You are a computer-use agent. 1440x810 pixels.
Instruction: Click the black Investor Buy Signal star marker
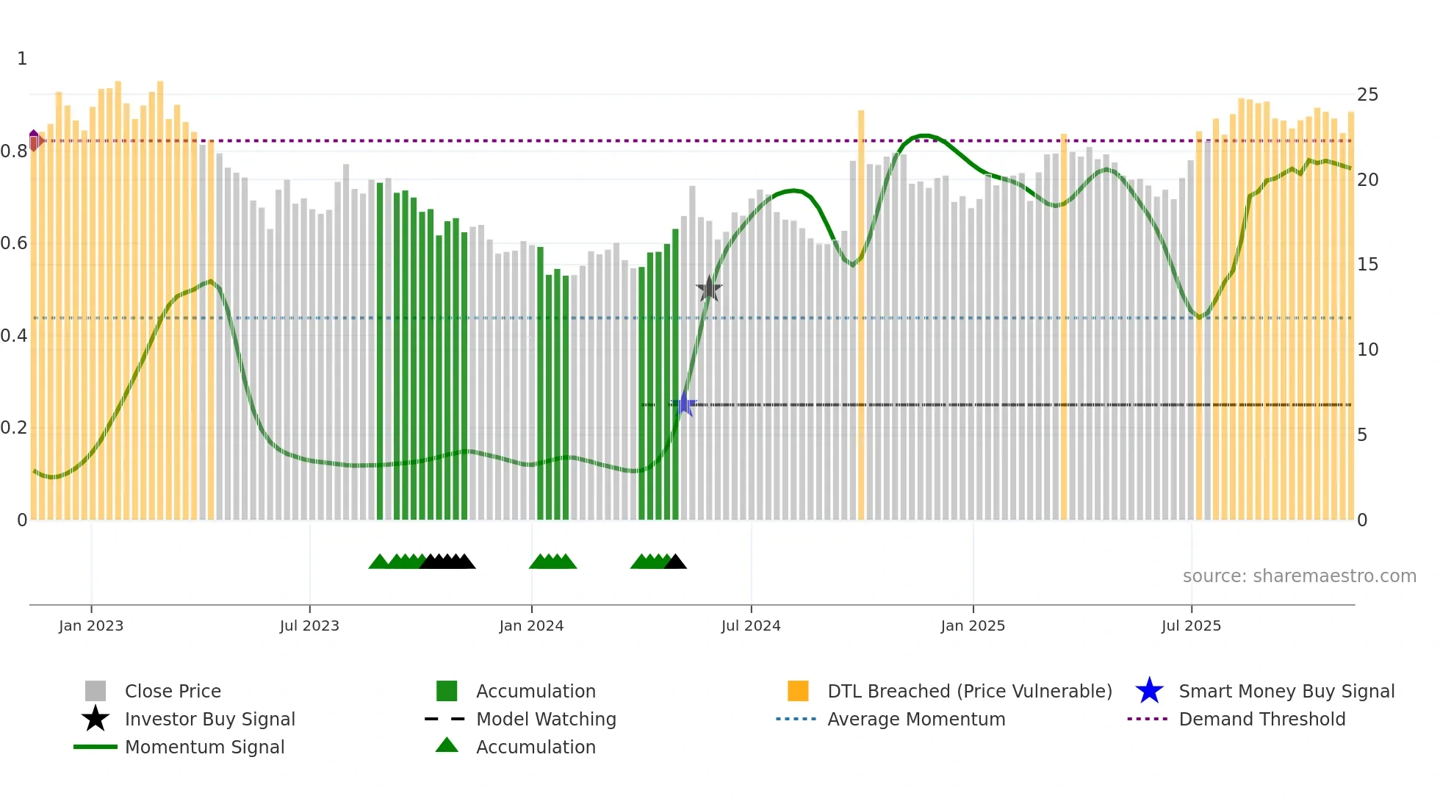click(709, 289)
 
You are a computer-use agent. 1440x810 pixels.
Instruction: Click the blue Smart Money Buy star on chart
click(685, 404)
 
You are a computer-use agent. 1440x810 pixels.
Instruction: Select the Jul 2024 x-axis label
click(751, 626)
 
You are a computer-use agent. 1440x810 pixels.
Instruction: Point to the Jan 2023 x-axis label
click(91, 626)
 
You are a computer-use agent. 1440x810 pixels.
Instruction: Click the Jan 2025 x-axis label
click(973, 626)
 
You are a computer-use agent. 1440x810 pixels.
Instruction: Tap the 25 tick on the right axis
click(1367, 95)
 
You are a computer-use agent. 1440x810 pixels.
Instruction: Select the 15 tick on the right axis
click(1367, 265)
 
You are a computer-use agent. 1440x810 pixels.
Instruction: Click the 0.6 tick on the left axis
click(14, 243)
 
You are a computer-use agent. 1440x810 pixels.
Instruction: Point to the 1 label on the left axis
click(22, 59)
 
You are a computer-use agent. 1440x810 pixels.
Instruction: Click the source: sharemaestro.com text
click(1299, 576)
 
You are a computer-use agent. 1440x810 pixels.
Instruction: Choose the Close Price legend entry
click(173, 691)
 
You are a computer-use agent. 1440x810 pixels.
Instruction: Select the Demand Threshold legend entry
click(1261, 719)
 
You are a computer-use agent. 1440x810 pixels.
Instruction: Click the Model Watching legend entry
click(546, 719)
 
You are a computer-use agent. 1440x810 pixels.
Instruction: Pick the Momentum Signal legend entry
click(204, 747)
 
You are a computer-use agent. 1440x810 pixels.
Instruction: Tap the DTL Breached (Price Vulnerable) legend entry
click(969, 691)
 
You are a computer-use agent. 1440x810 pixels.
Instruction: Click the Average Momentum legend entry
click(915, 719)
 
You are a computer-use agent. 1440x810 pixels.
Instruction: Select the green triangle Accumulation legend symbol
click(447, 746)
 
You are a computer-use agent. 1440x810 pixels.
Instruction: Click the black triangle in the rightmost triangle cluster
click(676, 562)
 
